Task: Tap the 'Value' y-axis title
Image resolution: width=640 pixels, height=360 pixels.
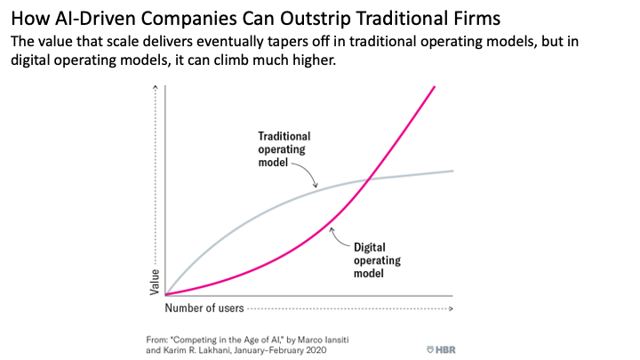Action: (x=156, y=281)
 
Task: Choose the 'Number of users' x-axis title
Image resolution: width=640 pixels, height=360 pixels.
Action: (x=204, y=308)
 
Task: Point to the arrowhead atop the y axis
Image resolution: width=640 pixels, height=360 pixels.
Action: (x=156, y=86)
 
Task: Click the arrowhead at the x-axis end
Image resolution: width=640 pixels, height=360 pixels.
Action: (x=452, y=308)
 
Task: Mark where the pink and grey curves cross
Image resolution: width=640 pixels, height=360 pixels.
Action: (x=366, y=181)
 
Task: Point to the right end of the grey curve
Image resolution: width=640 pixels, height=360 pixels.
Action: (x=453, y=170)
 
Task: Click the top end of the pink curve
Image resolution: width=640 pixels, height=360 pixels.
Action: (x=435, y=86)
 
